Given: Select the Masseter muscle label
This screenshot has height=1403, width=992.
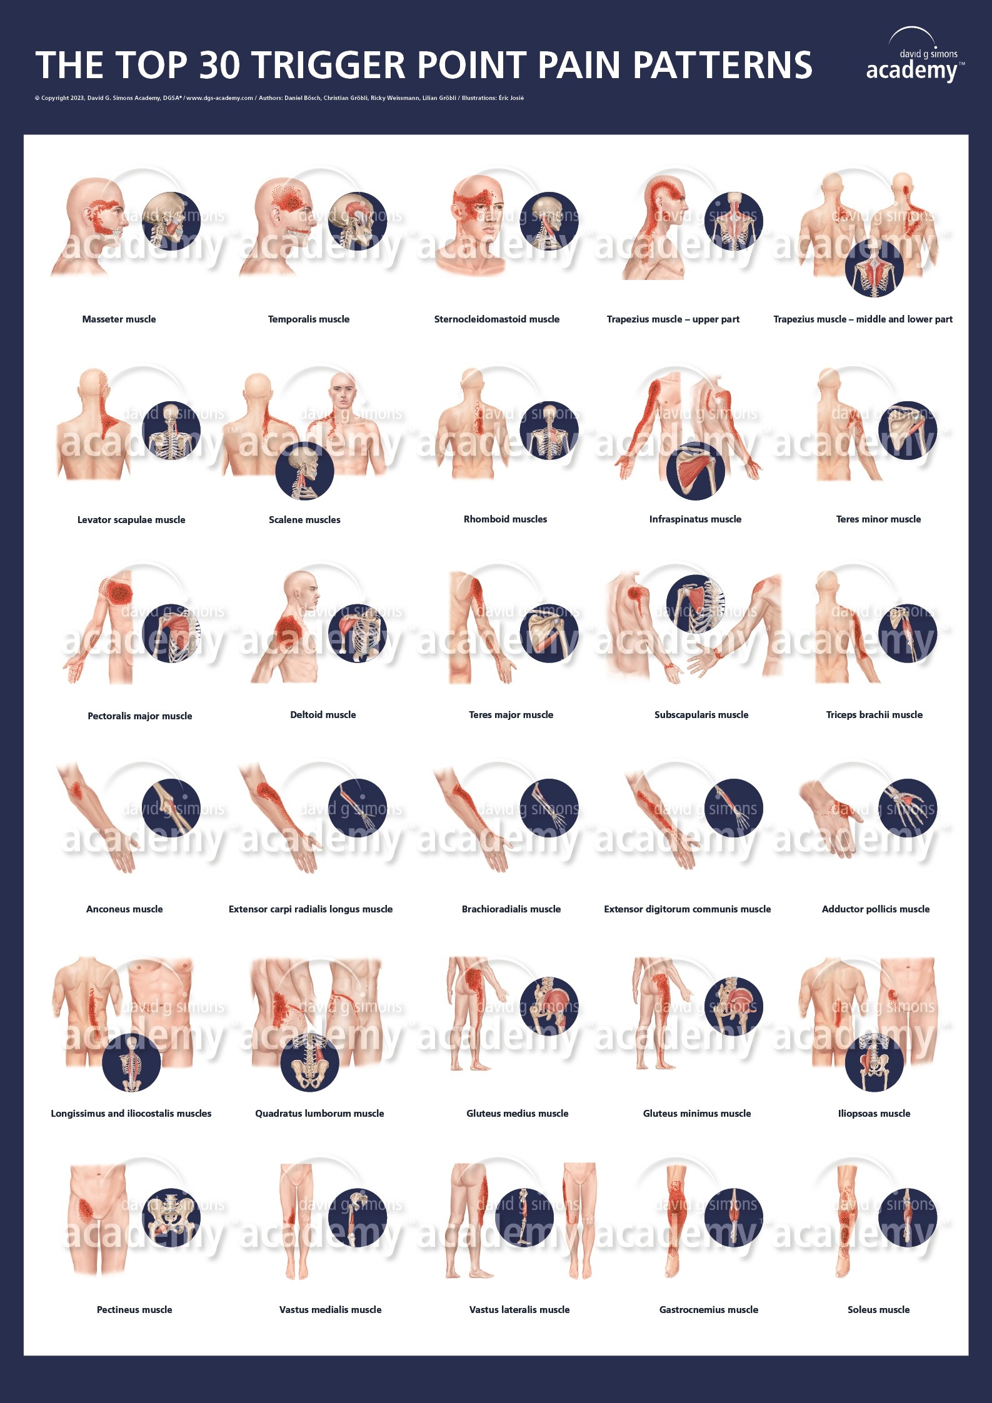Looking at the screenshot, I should click(x=119, y=319).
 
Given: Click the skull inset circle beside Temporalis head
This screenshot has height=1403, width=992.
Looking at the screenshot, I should click(x=357, y=221).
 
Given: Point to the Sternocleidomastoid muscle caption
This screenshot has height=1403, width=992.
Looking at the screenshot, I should click(x=496, y=319).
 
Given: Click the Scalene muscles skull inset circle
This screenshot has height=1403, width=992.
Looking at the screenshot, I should click(x=304, y=471).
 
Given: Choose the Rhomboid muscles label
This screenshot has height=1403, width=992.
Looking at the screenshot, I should click(x=505, y=519).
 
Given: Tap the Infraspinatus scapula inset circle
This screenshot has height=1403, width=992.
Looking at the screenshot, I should click(x=695, y=471).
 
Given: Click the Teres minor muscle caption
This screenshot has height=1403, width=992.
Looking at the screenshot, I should click(x=878, y=519).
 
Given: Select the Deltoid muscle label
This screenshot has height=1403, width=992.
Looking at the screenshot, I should click(x=323, y=715).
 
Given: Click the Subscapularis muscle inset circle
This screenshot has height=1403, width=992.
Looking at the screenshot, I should click(x=695, y=604).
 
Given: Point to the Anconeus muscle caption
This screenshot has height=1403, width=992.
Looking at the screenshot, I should click(x=124, y=909).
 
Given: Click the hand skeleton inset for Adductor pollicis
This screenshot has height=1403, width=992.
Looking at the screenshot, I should click(x=907, y=808).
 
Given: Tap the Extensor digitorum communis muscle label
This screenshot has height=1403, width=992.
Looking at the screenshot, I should click(x=687, y=909).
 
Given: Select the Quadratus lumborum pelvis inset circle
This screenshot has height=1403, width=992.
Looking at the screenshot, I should click(x=309, y=1062).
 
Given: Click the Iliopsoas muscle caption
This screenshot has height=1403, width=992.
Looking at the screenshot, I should click(x=874, y=1114).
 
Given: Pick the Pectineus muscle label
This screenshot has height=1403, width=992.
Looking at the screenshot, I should click(x=134, y=1310).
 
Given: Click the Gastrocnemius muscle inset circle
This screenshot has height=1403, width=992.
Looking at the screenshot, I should click(x=734, y=1217).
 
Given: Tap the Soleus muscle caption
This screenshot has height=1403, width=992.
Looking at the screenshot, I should click(x=878, y=1310).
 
